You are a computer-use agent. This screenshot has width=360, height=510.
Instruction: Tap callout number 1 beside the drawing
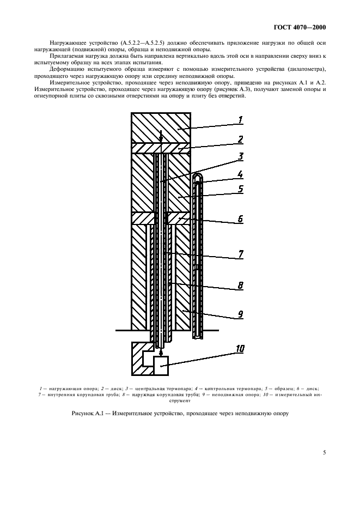(240, 120)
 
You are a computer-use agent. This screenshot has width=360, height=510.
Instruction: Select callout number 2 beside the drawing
(240, 139)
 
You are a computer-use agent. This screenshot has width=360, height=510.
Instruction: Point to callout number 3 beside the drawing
(240, 157)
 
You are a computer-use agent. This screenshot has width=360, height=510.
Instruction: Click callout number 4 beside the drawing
(240, 176)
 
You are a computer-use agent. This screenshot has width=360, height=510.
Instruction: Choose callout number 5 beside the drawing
(240, 191)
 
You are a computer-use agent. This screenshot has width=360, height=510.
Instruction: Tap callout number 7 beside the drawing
(240, 254)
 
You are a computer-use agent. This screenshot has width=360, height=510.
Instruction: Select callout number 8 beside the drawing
(240, 285)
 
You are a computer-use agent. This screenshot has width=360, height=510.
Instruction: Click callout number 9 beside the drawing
(240, 314)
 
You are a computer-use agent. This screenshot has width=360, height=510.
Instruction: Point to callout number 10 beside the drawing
(240, 347)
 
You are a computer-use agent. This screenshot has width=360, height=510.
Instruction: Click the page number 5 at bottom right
(324, 452)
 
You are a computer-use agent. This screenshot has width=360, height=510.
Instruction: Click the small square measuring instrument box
(161, 366)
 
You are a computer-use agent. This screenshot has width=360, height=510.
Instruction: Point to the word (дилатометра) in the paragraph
(305, 70)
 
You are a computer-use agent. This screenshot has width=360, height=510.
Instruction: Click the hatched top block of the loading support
(161, 127)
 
